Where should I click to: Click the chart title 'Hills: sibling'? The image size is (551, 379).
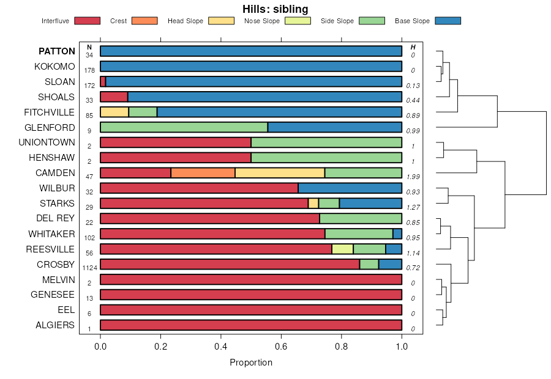275,9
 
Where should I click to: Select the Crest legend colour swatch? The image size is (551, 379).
144,21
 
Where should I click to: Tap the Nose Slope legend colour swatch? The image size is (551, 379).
298,21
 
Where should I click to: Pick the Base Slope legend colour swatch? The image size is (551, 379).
448,21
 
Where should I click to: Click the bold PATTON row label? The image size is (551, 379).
57,51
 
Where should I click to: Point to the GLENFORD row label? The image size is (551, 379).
50,128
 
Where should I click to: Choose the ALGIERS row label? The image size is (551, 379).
55,325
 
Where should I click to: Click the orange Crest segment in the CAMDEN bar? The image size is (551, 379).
203,173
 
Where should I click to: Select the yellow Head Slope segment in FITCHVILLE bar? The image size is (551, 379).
114,112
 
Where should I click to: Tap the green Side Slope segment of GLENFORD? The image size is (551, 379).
184,127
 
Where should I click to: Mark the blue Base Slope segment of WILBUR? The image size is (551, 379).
350,188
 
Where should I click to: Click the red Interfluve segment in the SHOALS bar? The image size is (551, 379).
114,97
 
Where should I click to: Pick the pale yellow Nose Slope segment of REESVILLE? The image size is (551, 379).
342,249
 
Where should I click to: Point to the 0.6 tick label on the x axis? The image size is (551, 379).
281,345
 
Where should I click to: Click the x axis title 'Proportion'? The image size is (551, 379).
251,362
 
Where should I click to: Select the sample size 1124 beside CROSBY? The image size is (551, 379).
89,268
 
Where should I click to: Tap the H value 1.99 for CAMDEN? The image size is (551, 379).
413,177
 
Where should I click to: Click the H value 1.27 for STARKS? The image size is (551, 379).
413,207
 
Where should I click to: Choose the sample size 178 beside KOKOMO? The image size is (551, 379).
89,70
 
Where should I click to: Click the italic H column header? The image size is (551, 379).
413,47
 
